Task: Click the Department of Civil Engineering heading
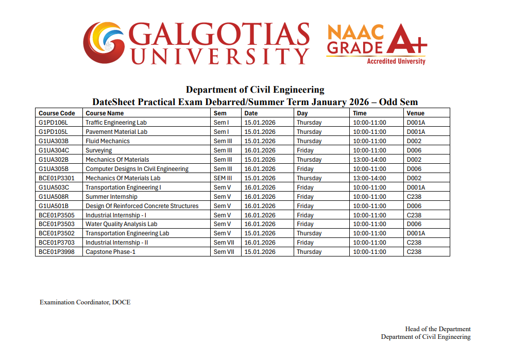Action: tap(255, 90)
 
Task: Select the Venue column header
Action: tap(415, 113)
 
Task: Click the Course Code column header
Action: tap(57, 113)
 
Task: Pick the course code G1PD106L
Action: tap(53, 123)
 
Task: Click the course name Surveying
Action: tap(98, 150)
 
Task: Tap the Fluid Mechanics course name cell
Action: tap(108, 141)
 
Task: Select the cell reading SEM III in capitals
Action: tap(223, 178)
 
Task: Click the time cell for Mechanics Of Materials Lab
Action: tap(369, 178)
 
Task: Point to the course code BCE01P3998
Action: tap(57, 252)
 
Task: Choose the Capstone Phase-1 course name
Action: tap(110, 252)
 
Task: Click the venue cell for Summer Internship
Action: tap(414, 197)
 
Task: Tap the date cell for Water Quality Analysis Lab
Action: tap(260, 224)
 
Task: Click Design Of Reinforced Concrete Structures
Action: tap(142, 206)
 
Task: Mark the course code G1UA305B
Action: tap(54, 169)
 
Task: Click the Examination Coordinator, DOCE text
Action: tap(85, 302)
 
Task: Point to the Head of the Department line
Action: tap(438, 329)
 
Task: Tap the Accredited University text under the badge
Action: tap(396, 61)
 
